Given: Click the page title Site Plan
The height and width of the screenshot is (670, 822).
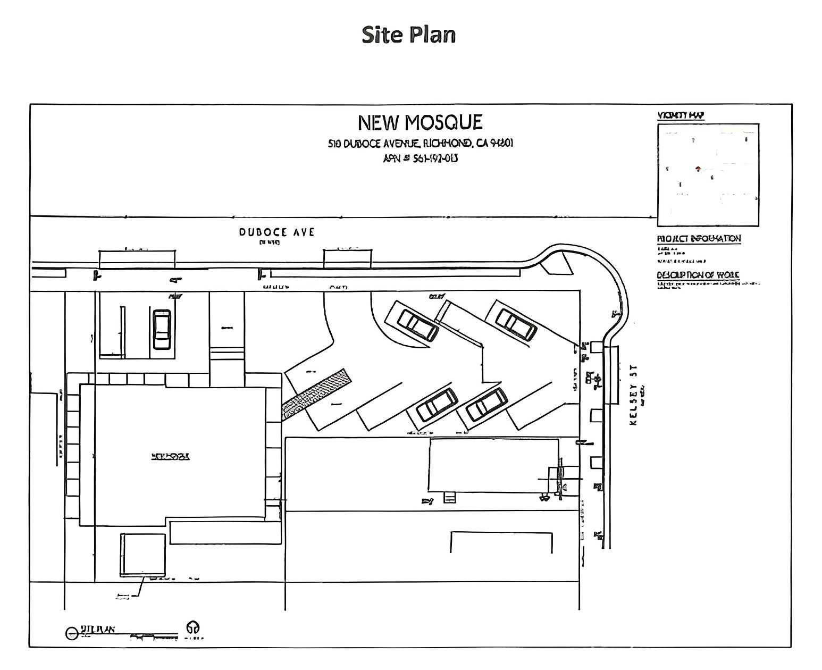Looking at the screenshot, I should point(408,35).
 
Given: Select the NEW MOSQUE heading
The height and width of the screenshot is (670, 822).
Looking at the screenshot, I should point(420,123).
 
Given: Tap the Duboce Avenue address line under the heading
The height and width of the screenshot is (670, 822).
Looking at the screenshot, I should point(420,144).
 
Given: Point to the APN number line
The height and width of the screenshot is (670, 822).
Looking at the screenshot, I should point(420,158).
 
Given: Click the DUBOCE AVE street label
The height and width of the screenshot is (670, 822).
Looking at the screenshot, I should point(276,232).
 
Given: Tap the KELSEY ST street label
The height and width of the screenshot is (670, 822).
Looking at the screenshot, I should point(633,395).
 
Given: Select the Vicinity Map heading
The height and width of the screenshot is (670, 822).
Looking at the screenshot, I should point(681,115).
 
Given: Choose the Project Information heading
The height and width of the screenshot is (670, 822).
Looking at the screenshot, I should point(699,239).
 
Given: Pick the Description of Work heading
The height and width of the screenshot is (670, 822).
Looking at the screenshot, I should point(698,275).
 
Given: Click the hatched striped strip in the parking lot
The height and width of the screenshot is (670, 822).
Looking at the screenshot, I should point(316,394).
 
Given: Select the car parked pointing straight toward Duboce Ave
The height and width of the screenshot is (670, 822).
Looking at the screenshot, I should point(162,329).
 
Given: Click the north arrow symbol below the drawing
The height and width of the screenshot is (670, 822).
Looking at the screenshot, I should point(192,628).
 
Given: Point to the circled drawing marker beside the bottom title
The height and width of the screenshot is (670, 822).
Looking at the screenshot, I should point(71,633).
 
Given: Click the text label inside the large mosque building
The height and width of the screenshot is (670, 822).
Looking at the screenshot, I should point(170,456).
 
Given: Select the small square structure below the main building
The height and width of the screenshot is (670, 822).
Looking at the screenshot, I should point(142,555).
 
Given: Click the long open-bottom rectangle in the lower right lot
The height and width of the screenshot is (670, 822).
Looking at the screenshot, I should point(501,541).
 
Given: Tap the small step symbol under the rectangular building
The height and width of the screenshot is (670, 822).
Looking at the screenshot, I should point(449,498).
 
